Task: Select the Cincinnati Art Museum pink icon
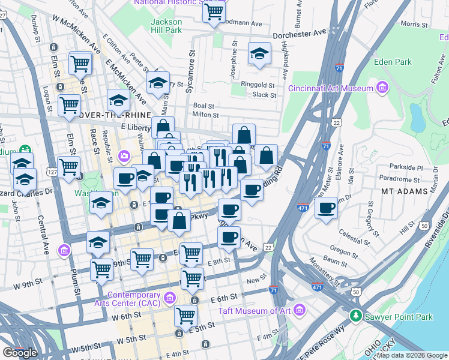pyautogui.click(x=382, y=89)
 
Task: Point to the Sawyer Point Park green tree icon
pyautogui.click(x=356, y=316)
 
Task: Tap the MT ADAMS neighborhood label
pyautogui.click(x=404, y=191)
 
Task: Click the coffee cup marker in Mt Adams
pyautogui.click(x=327, y=209)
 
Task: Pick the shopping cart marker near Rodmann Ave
pyautogui.click(x=214, y=11)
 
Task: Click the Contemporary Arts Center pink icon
pyautogui.click(x=170, y=297)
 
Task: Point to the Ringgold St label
pyautogui.click(x=258, y=85)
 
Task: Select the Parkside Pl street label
pyautogui.click(x=405, y=168)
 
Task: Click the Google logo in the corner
pyautogui.click(x=19, y=353)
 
